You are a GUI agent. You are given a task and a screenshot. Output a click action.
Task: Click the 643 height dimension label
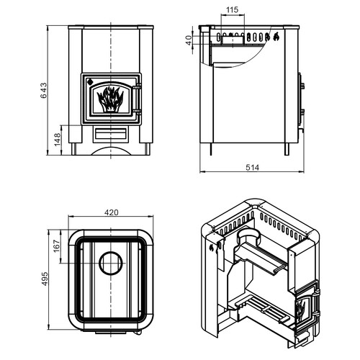44,91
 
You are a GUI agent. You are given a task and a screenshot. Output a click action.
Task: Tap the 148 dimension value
58,140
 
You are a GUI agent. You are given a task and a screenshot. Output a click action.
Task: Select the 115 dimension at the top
233,10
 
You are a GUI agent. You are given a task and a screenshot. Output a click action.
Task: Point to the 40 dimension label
189,40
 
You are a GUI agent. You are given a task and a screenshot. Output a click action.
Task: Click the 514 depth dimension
252,167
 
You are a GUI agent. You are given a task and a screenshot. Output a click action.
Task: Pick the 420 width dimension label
112,212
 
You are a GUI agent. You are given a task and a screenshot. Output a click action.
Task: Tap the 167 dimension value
57,246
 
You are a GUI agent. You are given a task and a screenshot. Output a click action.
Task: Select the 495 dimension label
45,279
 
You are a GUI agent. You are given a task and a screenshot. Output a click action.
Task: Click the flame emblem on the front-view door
110,99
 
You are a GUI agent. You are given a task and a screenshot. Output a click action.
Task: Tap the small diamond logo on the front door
90,81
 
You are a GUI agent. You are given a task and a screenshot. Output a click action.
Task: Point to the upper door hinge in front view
137,87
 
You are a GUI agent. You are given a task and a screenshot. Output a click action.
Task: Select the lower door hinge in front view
137,112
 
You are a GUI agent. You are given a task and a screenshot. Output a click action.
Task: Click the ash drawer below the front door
111,134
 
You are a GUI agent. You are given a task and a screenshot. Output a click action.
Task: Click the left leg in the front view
74,149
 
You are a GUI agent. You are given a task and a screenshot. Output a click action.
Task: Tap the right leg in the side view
287,149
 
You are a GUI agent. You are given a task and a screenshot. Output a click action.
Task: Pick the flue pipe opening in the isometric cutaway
249,233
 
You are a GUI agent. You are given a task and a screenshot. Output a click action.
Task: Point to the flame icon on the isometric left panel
211,248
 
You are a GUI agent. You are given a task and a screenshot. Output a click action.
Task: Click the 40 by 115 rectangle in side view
233,40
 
